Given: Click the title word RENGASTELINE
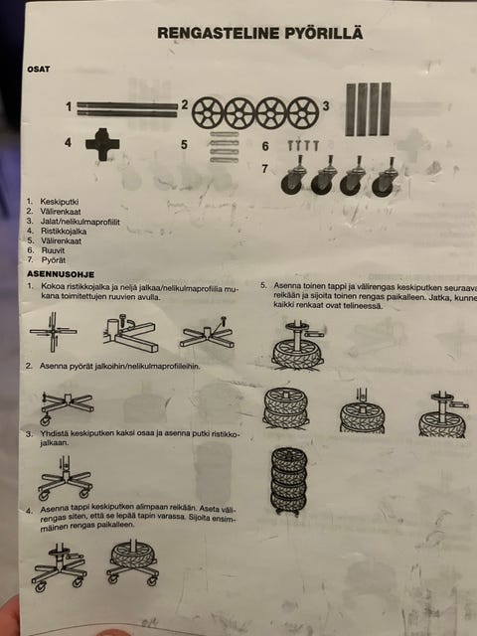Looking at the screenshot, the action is click(219, 33).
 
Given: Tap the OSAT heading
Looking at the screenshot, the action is click(39, 69).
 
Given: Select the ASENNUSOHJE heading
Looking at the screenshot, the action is click(61, 274).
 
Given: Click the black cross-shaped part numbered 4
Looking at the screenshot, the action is click(102, 144).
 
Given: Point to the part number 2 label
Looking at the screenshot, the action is click(185, 105).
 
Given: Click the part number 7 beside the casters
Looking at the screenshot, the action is click(265, 169).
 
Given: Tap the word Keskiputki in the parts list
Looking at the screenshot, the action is click(60, 202).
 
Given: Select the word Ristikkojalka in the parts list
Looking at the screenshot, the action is click(64, 232).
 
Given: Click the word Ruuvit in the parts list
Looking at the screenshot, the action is click(53, 250).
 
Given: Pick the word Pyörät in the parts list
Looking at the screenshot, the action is click(53, 260).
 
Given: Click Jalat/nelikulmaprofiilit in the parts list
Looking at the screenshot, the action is click(79, 222).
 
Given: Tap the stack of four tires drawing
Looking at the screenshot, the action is click(289, 481).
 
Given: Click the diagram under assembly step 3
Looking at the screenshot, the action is click(65, 478).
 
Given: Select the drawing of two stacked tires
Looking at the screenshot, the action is click(286, 407).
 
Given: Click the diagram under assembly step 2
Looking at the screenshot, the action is click(67, 406).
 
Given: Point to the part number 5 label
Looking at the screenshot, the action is click(184, 145).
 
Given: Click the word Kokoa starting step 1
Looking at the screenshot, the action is click(53, 287).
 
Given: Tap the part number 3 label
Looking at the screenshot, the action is click(326, 106).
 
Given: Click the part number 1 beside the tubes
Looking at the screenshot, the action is click(69, 107).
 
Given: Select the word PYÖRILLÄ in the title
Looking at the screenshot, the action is click(323, 33).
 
